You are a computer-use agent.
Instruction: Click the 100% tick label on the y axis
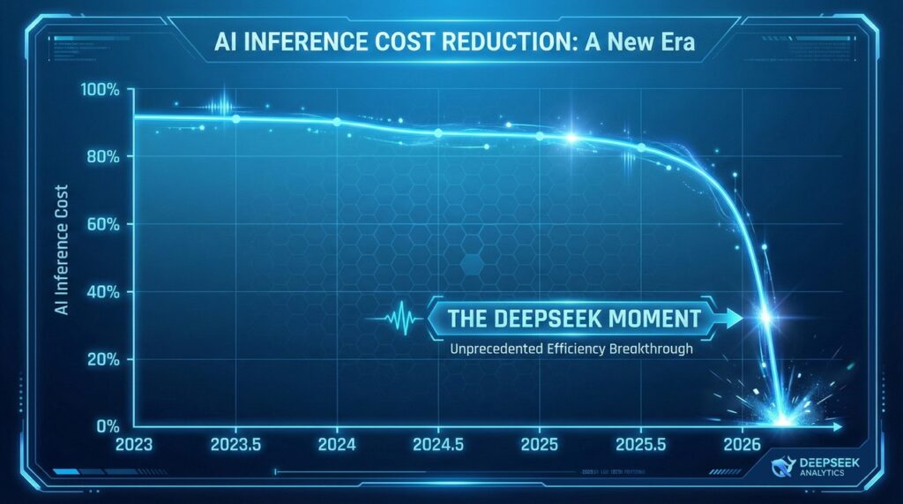103,89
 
